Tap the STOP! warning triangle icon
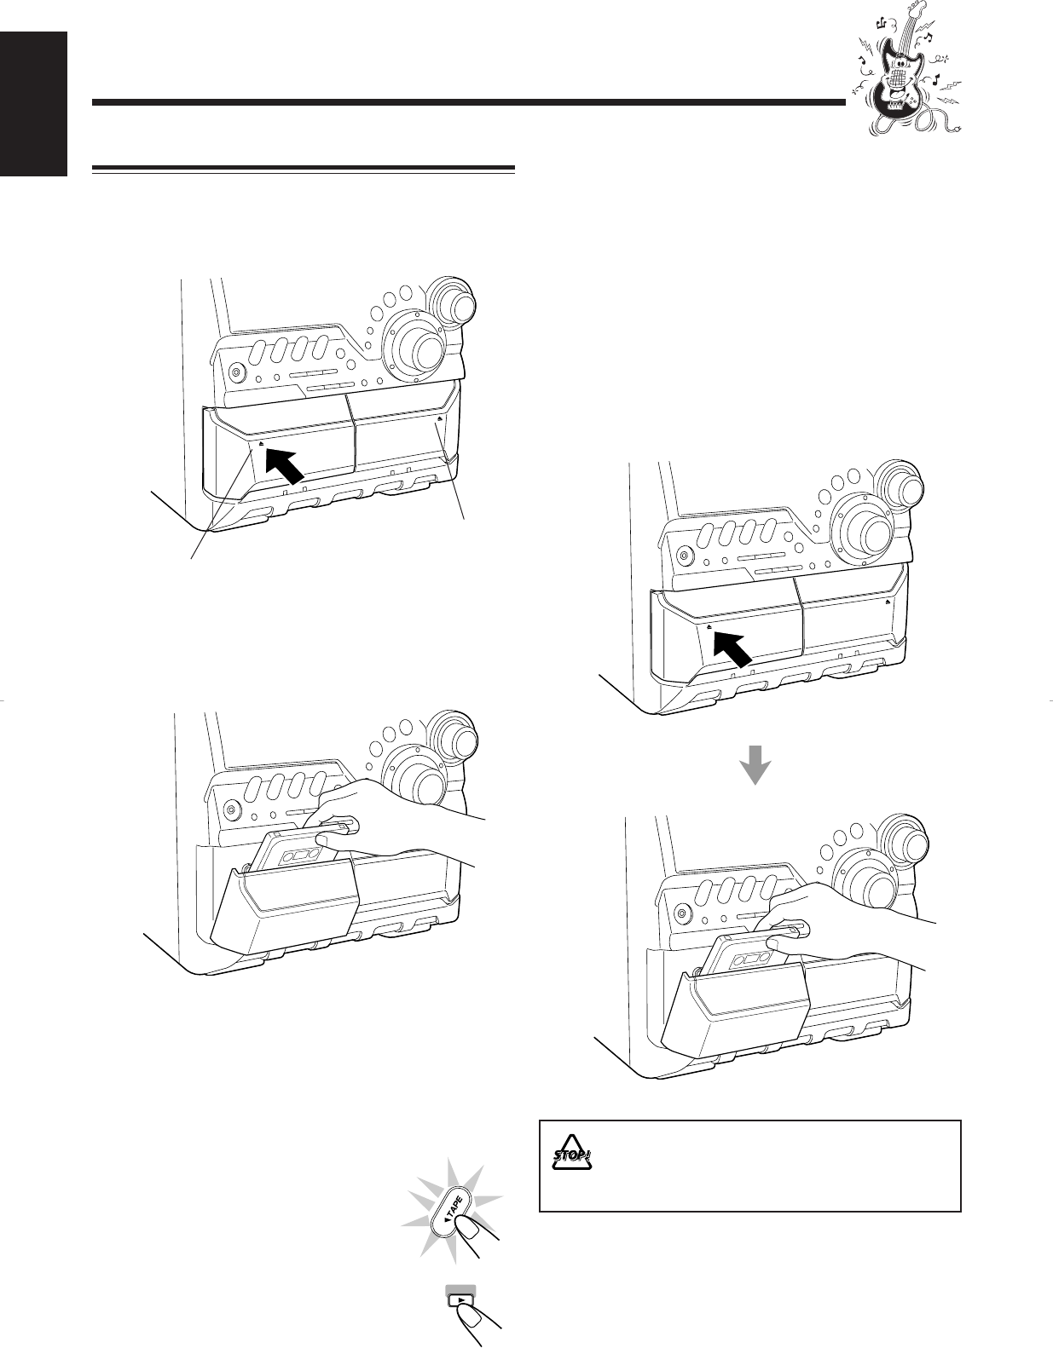(x=571, y=1153)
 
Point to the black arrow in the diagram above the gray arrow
(x=733, y=648)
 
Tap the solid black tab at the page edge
(x=33, y=104)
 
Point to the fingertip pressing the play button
(x=466, y=1313)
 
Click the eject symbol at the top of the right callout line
(x=439, y=419)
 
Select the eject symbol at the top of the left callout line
(x=261, y=444)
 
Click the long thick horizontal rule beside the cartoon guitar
(x=468, y=102)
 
